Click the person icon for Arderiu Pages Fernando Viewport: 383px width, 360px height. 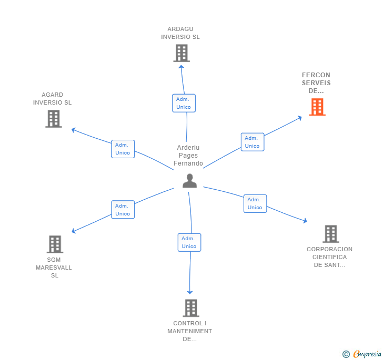(x=189, y=181)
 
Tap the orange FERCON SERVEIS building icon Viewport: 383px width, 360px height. (x=317, y=107)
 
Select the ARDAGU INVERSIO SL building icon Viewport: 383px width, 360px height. (x=181, y=53)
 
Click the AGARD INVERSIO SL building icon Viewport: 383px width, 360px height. (x=53, y=119)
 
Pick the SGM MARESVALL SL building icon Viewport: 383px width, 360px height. (x=55, y=244)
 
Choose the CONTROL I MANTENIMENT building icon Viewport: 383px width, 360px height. (x=190, y=308)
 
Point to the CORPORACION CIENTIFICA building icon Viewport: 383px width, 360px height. (x=330, y=234)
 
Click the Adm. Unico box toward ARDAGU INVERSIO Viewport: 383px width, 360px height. (x=184, y=103)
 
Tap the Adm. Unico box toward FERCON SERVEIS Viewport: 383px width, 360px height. (x=253, y=142)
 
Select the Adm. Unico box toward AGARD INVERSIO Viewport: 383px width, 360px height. (x=123, y=149)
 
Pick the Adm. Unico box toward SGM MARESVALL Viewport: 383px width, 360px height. (x=123, y=210)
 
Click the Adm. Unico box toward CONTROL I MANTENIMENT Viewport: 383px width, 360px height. (x=189, y=242)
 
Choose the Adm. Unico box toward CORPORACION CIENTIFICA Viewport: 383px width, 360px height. (x=255, y=203)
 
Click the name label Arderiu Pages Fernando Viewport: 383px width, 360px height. (x=188, y=156)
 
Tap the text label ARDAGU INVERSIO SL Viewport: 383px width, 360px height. (x=180, y=33)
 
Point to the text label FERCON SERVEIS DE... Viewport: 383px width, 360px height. (x=316, y=83)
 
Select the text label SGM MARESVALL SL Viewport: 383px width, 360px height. (x=54, y=268)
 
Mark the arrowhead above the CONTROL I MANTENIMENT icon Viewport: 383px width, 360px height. (x=190, y=292)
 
